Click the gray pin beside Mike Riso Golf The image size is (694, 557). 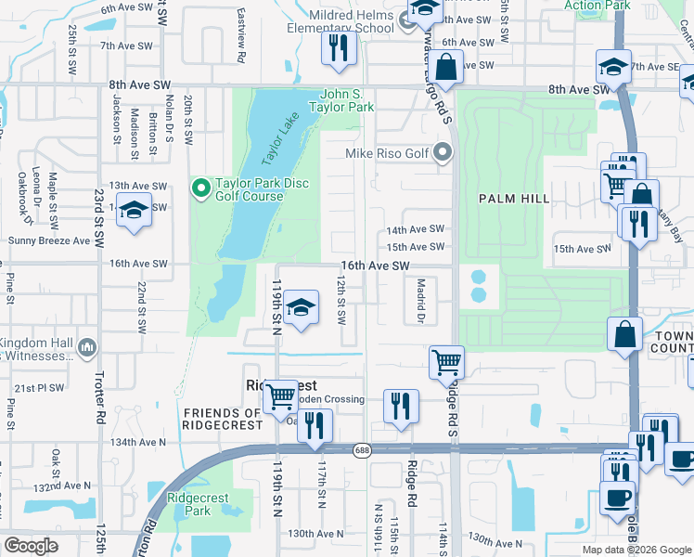tap(443, 153)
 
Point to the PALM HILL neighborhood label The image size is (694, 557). tap(514, 199)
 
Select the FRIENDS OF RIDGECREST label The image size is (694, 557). tap(223, 420)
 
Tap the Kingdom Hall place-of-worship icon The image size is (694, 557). tap(87, 348)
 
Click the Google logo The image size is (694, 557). tap(31, 546)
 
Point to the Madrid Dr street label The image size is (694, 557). tap(420, 301)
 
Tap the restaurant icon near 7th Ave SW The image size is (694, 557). tap(340, 47)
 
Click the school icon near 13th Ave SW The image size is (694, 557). tap(135, 211)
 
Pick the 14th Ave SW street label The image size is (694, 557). tap(416, 229)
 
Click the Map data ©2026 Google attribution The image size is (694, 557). tap(636, 550)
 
